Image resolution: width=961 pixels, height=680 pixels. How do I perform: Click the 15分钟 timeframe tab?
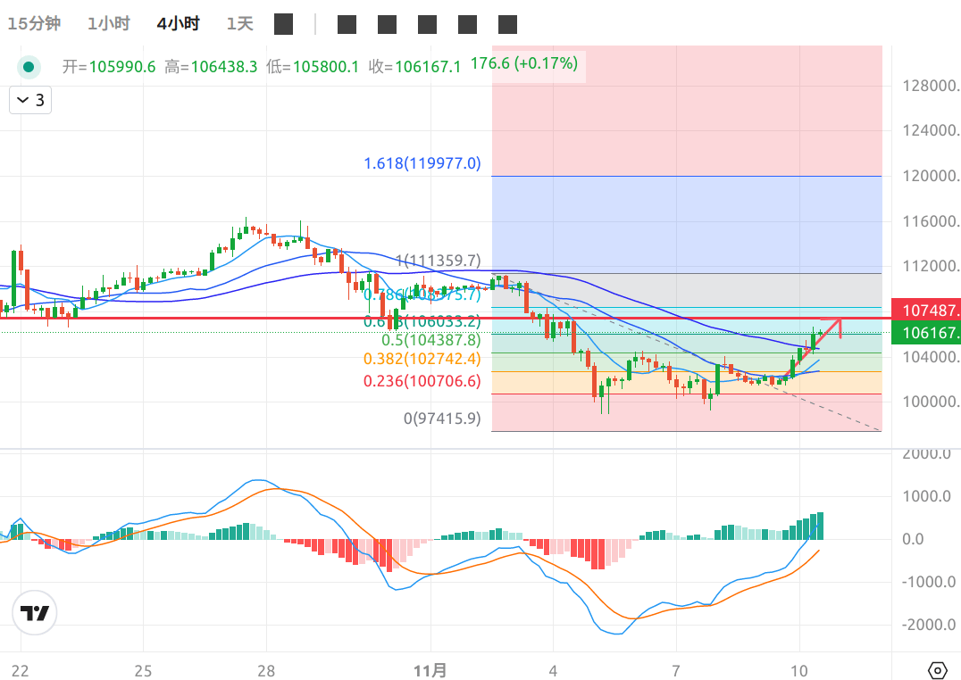click(x=34, y=24)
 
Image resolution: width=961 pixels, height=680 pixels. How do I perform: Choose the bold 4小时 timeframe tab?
click(x=178, y=24)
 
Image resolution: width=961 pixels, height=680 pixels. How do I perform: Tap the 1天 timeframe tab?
click(x=239, y=24)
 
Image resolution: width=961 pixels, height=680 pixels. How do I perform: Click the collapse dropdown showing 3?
click(x=30, y=100)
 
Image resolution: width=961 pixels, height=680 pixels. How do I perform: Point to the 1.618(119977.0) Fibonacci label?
click(x=422, y=163)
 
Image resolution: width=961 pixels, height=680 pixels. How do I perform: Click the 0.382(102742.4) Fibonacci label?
click(x=422, y=359)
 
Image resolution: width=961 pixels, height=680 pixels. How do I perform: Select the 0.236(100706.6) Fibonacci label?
click(x=422, y=381)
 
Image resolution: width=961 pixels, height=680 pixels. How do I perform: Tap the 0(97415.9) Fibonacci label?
click(x=442, y=418)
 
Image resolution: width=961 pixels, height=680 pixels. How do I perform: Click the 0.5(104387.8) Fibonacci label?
click(x=430, y=340)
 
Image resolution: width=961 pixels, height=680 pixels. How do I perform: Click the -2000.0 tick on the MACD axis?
click(x=924, y=625)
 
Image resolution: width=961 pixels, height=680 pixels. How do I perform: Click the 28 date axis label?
click(x=265, y=670)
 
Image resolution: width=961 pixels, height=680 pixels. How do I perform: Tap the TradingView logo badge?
click(x=35, y=613)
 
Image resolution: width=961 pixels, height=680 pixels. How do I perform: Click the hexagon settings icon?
click(x=937, y=670)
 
